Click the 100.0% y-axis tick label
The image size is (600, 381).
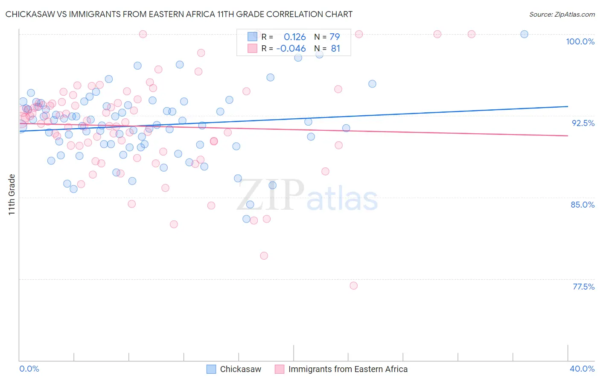[580, 41]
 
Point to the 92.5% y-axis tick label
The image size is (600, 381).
[583, 123]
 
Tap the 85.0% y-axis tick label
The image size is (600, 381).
[583, 205]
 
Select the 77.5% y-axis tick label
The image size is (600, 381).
[583, 287]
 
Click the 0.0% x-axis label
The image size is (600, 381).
[29, 369]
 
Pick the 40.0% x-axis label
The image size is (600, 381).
[582, 369]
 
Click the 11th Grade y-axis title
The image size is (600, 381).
[12, 194]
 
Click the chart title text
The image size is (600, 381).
[179, 14]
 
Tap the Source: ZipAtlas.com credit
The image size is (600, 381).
[562, 15]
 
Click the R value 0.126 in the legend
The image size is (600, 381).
[294, 37]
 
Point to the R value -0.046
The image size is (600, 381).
[291, 49]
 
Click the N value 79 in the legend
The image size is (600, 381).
[335, 37]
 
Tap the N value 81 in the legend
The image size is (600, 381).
[335, 49]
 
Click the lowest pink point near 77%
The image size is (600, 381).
[353, 286]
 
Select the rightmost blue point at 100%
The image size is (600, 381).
[524, 34]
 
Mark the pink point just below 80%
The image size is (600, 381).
[264, 256]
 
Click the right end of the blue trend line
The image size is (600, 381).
[568, 106]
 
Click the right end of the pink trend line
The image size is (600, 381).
[568, 135]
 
